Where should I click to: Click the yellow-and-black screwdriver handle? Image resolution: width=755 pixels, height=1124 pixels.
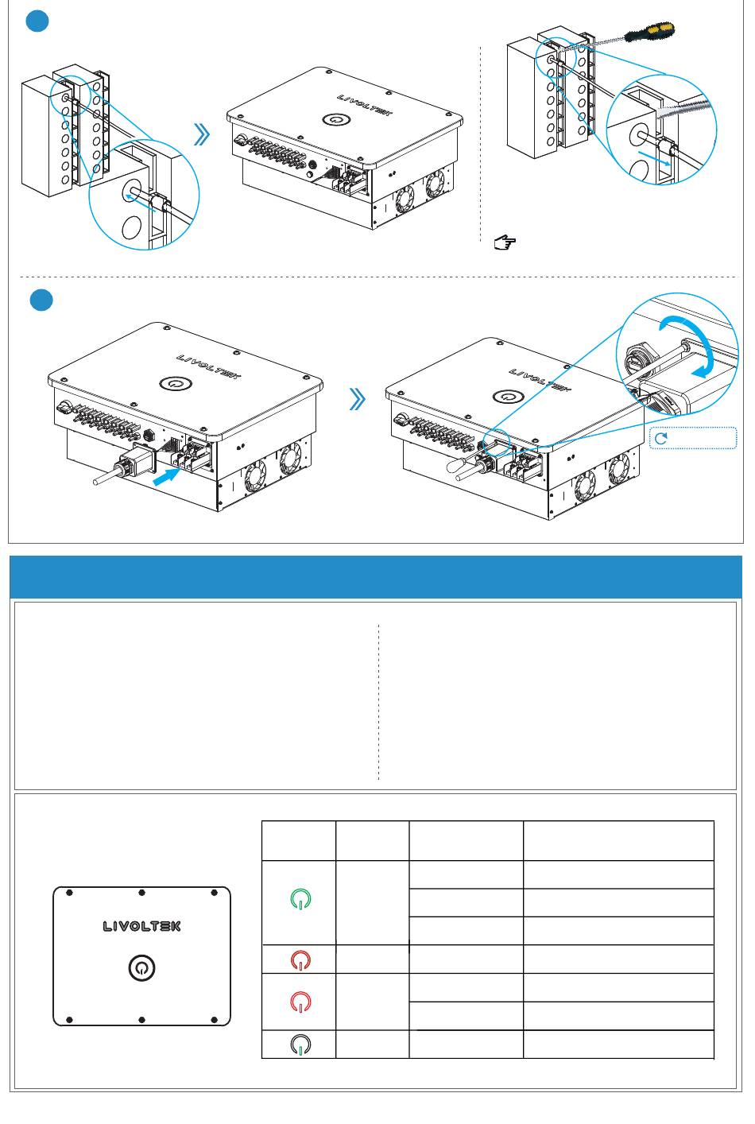(x=651, y=33)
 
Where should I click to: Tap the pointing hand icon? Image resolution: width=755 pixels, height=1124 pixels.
(x=503, y=243)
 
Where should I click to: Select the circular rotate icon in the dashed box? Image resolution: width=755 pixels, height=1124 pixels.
(x=660, y=439)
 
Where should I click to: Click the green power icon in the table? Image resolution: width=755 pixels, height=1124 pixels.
(x=300, y=899)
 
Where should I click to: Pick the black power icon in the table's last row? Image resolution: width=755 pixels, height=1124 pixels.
(x=300, y=1045)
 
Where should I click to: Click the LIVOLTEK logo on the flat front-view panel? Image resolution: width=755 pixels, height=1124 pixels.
(x=141, y=926)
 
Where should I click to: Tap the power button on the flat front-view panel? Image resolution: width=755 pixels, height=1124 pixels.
(x=141, y=968)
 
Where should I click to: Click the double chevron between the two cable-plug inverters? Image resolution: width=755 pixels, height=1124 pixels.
(x=358, y=400)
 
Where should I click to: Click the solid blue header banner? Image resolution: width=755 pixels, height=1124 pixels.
(x=375, y=577)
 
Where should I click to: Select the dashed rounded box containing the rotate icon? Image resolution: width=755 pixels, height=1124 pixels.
(x=693, y=439)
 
